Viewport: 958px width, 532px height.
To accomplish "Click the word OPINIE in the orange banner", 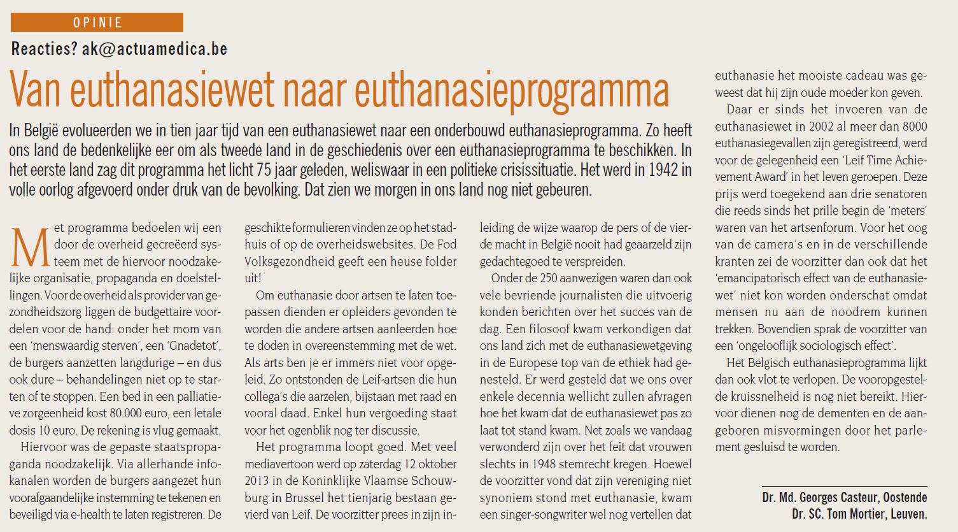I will pyautogui.click(x=97, y=23).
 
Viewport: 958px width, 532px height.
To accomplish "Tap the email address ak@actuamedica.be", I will pyautogui.click(x=155, y=49).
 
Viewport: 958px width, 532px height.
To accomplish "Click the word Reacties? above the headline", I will pyautogui.click(x=44, y=49).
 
